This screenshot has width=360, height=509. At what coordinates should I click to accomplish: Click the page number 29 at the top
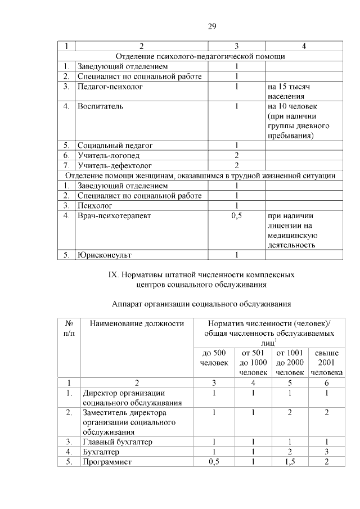pyautogui.click(x=212, y=26)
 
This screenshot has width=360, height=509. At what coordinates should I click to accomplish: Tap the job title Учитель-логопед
pyautogui.click(x=109, y=155)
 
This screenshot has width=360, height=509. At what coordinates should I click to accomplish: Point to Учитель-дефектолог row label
pyautogui.click(x=115, y=165)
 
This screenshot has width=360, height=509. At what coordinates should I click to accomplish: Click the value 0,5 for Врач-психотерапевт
pyautogui.click(x=236, y=215)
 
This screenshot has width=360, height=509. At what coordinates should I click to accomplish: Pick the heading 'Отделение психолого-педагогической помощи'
pyautogui.click(x=200, y=56)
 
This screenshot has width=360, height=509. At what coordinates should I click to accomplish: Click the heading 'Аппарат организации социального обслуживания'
pyautogui.click(x=201, y=304)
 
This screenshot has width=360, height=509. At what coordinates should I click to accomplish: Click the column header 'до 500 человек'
pyautogui.click(x=213, y=357)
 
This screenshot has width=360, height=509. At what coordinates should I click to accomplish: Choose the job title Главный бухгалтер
pyautogui.click(x=118, y=442)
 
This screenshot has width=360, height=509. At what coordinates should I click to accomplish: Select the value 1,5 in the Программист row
pyautogui.click(x=289, y=462)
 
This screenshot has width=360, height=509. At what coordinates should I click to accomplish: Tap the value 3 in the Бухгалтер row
pyautogui.click(x=326, y=452)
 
